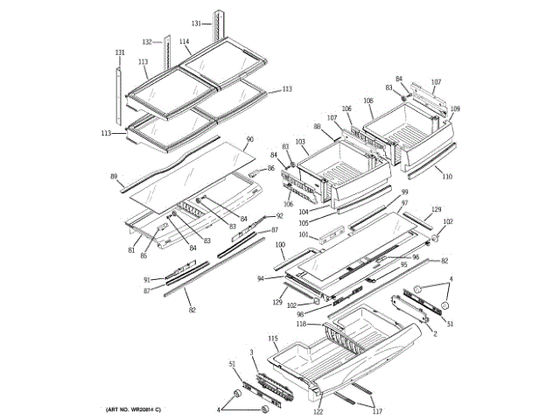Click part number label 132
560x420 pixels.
click(x=147, y=41)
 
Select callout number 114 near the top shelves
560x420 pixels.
click(x=185, y=41)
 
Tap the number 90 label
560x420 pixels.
click(x=249, y=139)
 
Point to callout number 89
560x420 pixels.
click(x=114, y=177)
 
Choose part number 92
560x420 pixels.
click(x=279, y=216)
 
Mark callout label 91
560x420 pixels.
click(x=146, y=279)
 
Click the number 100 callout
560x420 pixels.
click(x=280, y=246)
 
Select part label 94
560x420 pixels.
click(x=261, y=278)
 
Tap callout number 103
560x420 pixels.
click(x=299, y=141)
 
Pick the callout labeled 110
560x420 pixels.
click(x=447, y=177)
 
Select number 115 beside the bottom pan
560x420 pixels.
click(x=272, y=338)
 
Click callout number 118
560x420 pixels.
click(x=301, y=324)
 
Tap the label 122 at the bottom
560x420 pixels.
click(x=318, y=411)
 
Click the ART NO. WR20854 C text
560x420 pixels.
click(x=133, y=410)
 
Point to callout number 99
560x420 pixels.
click(x=404, y=192)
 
